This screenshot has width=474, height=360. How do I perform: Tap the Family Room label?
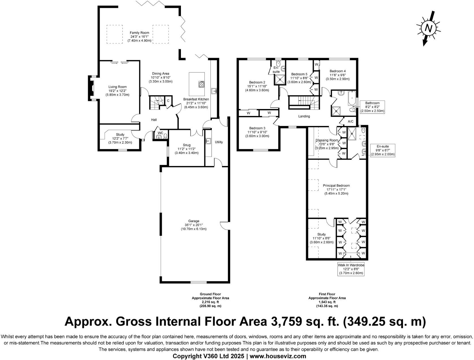click(x=139, y=33)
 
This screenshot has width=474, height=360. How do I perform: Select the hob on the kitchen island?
click(x=201, y=84)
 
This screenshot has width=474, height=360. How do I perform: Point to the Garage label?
click(x=193, y=221)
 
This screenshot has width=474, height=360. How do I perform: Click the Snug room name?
click(x=187, y=145)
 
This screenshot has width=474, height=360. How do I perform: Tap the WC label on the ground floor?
click(x=160, y=133)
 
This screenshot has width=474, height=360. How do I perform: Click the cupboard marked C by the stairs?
click(x=168, y=100)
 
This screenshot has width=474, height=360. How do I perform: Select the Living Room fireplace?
click(x=91, y=88)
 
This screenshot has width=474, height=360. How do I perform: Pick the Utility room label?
click(x=219, y=142)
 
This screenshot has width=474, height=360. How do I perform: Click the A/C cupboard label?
click(x=351, y=121)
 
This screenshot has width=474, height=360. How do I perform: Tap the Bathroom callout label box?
click(x=372, y=107)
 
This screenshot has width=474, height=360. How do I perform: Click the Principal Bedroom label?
click(x=336, y=185)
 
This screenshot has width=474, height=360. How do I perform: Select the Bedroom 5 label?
click(x=299, y=74)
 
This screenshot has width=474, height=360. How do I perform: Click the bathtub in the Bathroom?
click(x=352, y=98)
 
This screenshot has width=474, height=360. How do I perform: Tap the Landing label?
click(x=304, y=116)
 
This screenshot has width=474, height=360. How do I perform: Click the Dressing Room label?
click(x=327, y=140)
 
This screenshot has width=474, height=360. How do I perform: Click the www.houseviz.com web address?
click(x=278, y=356)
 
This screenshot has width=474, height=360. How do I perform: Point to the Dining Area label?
click(x=161, y=74)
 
